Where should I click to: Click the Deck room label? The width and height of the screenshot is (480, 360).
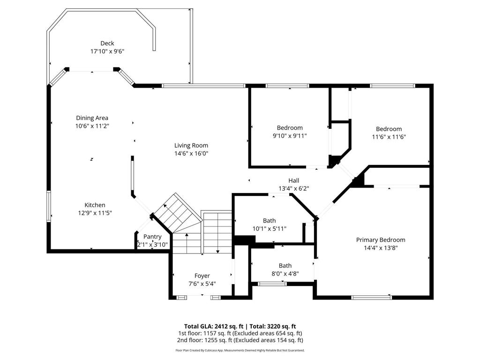[107, 43]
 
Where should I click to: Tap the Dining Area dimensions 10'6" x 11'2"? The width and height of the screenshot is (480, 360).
[92, 126]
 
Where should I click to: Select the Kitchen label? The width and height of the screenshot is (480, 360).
[95, 205]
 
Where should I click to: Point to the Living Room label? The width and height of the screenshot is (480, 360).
[191, 145]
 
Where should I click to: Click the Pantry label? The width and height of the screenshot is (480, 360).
[152, 237]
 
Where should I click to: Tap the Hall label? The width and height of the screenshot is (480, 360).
[293, 180]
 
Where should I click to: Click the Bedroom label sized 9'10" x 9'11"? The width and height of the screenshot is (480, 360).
[290, 127]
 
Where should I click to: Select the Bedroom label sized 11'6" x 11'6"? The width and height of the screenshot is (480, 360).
[389, 129]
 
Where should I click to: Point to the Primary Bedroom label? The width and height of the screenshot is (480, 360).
[381, 240]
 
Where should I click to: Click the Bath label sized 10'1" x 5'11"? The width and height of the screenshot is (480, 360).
[269, 220]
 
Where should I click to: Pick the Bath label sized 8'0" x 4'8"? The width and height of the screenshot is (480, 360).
[285, 265]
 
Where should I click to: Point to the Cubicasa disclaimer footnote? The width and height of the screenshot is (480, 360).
[240, 350]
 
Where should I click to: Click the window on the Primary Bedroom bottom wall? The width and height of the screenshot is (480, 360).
[371, 297]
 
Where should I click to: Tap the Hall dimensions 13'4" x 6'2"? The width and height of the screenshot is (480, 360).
[293, 188]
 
